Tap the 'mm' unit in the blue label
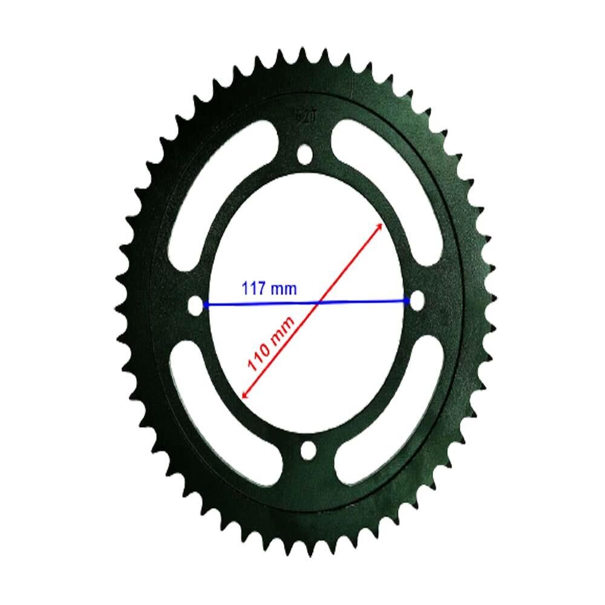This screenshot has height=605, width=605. click(x=284, y=289)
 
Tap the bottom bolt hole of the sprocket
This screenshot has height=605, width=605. click(x=308, y=450)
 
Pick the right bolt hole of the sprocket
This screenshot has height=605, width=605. click(x=417, y=300)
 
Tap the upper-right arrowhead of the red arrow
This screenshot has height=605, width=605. click(x=380, y=225)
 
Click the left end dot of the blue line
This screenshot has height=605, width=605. click(x=206, y=306)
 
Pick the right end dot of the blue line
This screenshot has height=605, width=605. click(x=406, y=301)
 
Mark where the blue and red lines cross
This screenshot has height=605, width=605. click(x=319, y=302)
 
